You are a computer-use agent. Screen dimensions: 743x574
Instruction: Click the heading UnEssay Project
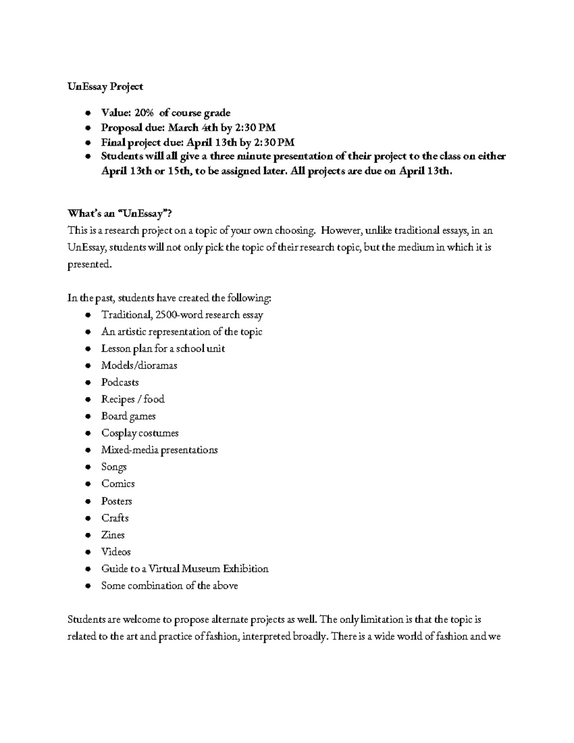coord(105,87)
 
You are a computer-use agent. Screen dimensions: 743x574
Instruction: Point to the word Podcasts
coord(120,382)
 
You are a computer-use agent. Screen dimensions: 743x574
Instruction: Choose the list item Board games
coord(128,416)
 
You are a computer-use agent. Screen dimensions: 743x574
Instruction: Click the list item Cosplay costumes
coord(140,433)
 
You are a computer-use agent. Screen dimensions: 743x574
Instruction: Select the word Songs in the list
coord(114,467)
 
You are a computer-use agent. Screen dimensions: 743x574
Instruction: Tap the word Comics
coord(118,484)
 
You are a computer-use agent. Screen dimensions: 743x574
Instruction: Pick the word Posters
coord(116,501)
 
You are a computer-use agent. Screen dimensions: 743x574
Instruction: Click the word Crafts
coord(115,518)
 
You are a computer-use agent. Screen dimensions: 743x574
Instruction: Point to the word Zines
coord(113,535)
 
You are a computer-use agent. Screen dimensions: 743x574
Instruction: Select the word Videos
coord(116,552)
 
